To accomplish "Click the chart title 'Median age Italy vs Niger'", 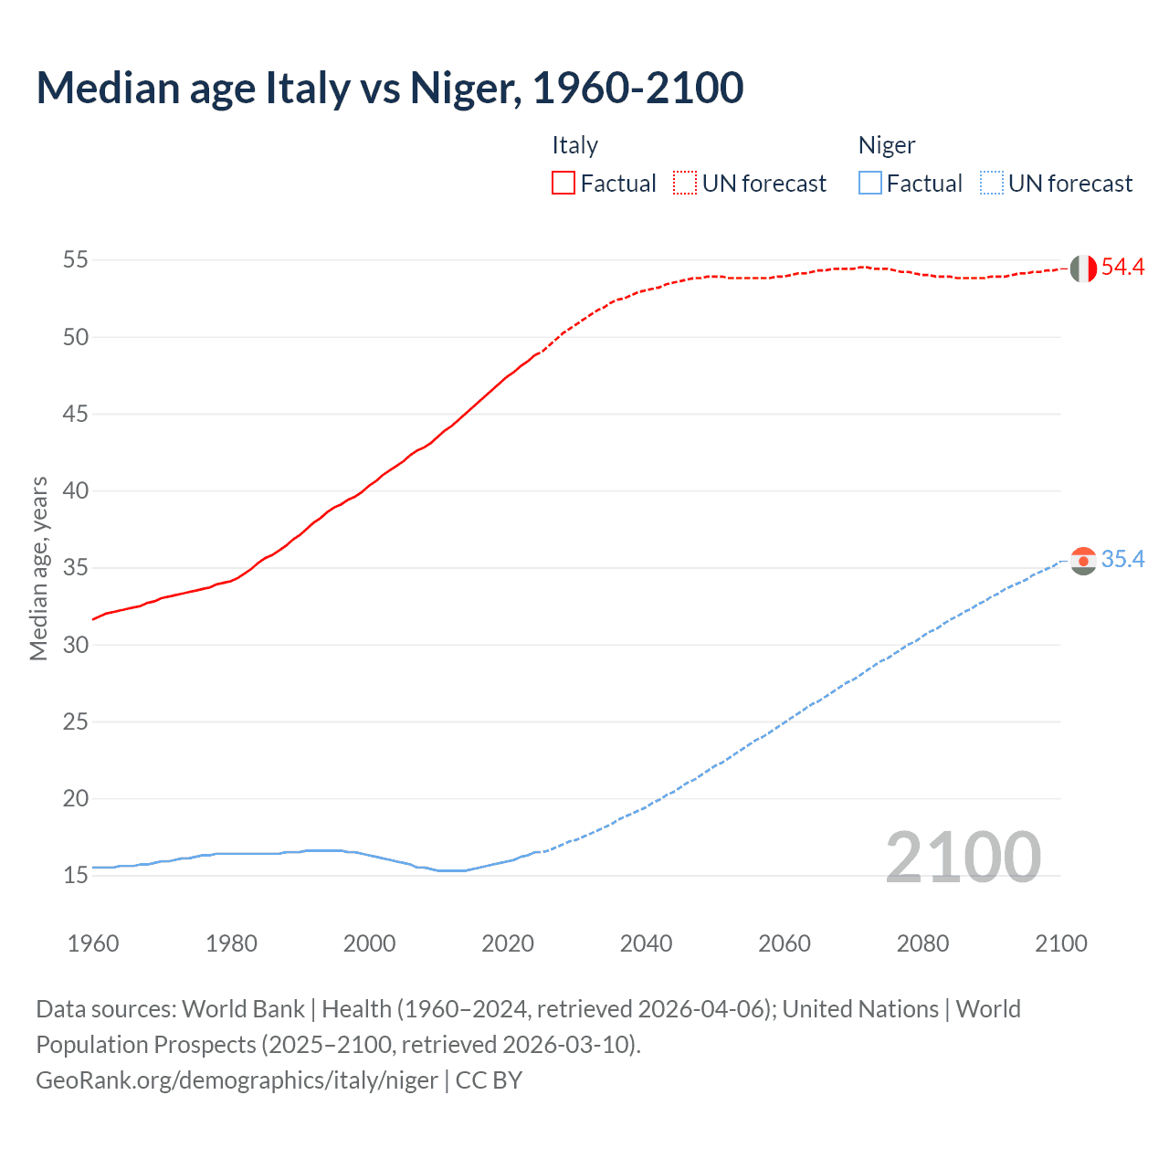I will click(389, 88).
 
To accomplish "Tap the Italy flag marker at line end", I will click(1083, 269).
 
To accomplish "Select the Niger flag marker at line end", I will click(1083, 561).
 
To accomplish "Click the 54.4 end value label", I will click(1122, 268).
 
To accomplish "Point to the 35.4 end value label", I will click(1122, 560).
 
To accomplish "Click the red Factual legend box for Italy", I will click(563, 184).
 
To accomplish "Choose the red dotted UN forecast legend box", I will click(685, 184).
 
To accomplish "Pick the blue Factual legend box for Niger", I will click(870, 184).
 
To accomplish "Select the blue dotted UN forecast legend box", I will click(992, 184).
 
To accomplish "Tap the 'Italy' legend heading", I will click(574, 145).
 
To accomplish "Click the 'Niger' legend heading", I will click(886, 145).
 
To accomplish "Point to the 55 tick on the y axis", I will click(76, 260).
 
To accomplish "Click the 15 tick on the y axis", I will click(76, 876).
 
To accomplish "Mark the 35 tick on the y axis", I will click(76, 568).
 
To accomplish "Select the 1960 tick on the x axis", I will click(93, 943).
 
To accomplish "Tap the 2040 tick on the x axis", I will click(646, 943).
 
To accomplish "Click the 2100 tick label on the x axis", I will click(1060, 943).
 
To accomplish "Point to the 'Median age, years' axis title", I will click(38, 568).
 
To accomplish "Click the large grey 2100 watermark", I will click(963, 858).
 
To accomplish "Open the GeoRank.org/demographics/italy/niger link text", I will click(237, 1080).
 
